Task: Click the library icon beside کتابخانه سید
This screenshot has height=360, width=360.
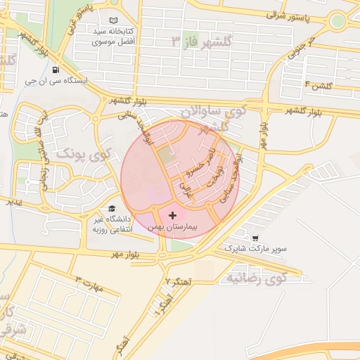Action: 114,22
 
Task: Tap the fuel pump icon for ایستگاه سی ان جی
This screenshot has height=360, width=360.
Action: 56,70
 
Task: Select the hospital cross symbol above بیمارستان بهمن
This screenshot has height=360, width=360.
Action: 173,214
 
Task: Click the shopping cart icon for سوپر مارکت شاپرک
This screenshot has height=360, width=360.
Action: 255,238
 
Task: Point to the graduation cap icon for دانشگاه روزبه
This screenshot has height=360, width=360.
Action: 111,209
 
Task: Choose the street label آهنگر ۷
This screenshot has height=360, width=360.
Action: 178,281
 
